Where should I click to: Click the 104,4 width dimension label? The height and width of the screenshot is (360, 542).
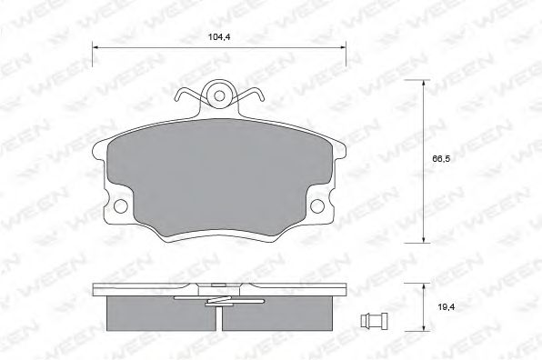pos(219,36)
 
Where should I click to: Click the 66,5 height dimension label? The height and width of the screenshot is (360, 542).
pos(441,159)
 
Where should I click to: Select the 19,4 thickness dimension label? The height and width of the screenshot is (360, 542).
pos(447,306)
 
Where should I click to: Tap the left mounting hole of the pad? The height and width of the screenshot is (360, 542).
pos(121,206)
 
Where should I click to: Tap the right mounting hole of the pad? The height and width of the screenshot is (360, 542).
pos(317,206)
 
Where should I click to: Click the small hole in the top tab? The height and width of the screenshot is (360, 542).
pos(219,95)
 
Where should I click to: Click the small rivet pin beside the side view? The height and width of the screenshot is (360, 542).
pos(374,320)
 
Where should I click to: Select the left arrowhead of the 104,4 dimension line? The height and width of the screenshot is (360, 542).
pos(95,47)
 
